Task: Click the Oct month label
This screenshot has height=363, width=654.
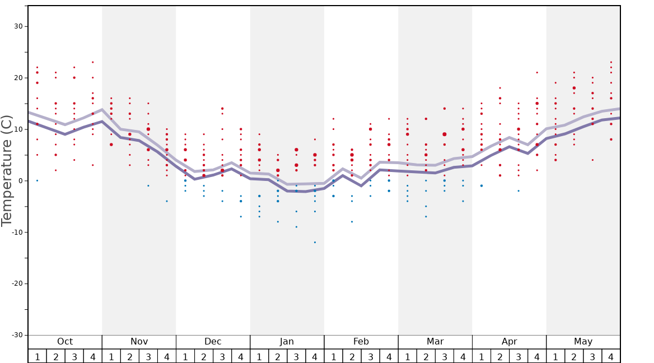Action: tap(65, 342)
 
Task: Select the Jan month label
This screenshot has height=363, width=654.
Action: tap(287, 342)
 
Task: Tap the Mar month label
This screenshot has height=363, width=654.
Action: tap(435, 342)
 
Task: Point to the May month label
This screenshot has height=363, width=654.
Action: tap(583, 342)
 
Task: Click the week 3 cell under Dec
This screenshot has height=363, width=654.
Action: tap(222, 356)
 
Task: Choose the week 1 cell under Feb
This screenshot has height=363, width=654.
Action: tap(333, 356)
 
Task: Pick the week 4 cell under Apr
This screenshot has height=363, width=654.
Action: tap(537, 356)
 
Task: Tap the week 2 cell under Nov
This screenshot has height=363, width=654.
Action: tap(130, 356)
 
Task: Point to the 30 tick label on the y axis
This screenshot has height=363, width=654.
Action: tap(18, 26)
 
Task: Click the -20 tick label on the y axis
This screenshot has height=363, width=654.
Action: tap(16, 283)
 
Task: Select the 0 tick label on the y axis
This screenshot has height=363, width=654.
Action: tap(20, 180)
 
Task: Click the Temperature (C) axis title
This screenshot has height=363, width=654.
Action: tap(7, 170)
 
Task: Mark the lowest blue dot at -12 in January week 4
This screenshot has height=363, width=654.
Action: tap(315, 242)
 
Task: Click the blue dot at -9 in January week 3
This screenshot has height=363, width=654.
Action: tap(296, 227)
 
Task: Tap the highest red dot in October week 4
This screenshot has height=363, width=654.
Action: tap(93, 62)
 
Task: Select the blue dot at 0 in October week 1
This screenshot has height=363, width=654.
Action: tap(38, 180)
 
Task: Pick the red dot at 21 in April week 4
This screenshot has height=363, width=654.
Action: tap(537, 72)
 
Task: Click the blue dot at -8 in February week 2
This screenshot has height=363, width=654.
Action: tap(352, 222)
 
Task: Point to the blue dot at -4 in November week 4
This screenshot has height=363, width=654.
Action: tap(167, 201)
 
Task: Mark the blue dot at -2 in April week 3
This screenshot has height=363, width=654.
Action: tap(518, 190)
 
